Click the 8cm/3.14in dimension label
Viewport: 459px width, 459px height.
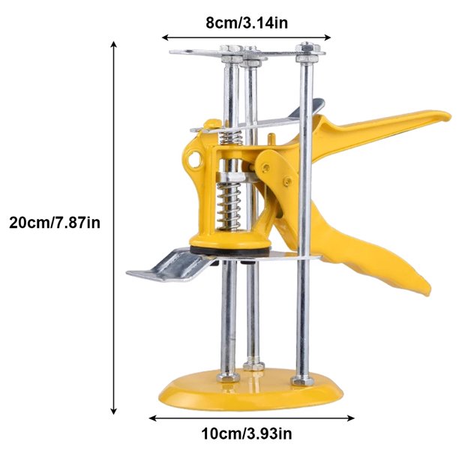247,22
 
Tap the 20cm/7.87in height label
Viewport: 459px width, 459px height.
55,222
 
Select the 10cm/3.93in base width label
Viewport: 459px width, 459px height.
247,433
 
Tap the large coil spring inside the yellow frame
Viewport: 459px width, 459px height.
229,205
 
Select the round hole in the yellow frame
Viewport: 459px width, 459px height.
194,159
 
